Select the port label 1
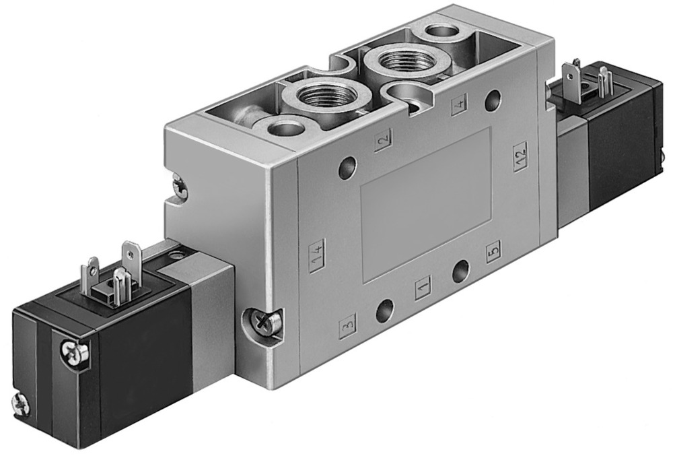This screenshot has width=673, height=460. (423, 289)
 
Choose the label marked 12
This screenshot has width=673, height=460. (520, 156)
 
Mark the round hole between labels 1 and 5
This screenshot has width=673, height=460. (461, 272)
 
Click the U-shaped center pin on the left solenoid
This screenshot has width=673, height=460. (119, 286)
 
